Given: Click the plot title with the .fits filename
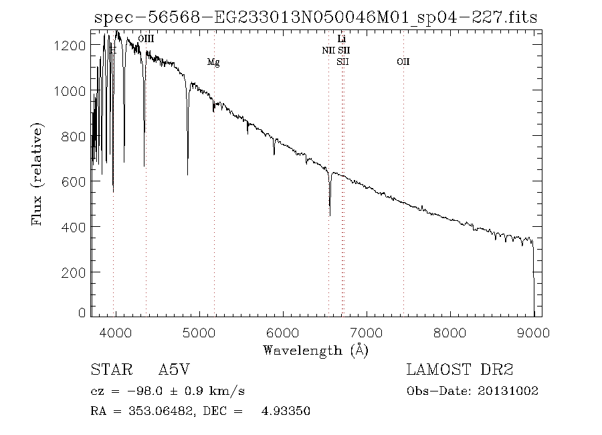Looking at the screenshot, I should click(x=316, y=17).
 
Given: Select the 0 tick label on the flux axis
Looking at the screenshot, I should click(x=82, y=313).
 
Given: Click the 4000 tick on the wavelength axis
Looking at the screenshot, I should click(x=116, y=332).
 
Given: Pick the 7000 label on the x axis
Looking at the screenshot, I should click(x=367, y=332).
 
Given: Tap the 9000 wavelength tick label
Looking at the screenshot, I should click(x=534, y=332).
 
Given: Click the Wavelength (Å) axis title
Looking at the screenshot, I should click(x=316, y=350).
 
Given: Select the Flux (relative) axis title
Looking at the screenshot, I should click(x=38, y=174).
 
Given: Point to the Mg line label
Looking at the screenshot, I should click(x=213, y=62).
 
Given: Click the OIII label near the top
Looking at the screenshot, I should click(x=146, y=39).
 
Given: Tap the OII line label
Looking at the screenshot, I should click(x=403, y=62).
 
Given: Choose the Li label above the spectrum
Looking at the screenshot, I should click(x=342, y=39).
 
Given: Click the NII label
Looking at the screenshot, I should click(x=328, y=50).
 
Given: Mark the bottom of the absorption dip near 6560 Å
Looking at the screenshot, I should click(x=330, y=215).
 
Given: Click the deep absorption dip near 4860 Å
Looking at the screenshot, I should click(x=187, y=174).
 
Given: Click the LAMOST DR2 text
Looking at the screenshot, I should click(x=460, y=370).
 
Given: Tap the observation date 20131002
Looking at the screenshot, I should click(x=510, y=391).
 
